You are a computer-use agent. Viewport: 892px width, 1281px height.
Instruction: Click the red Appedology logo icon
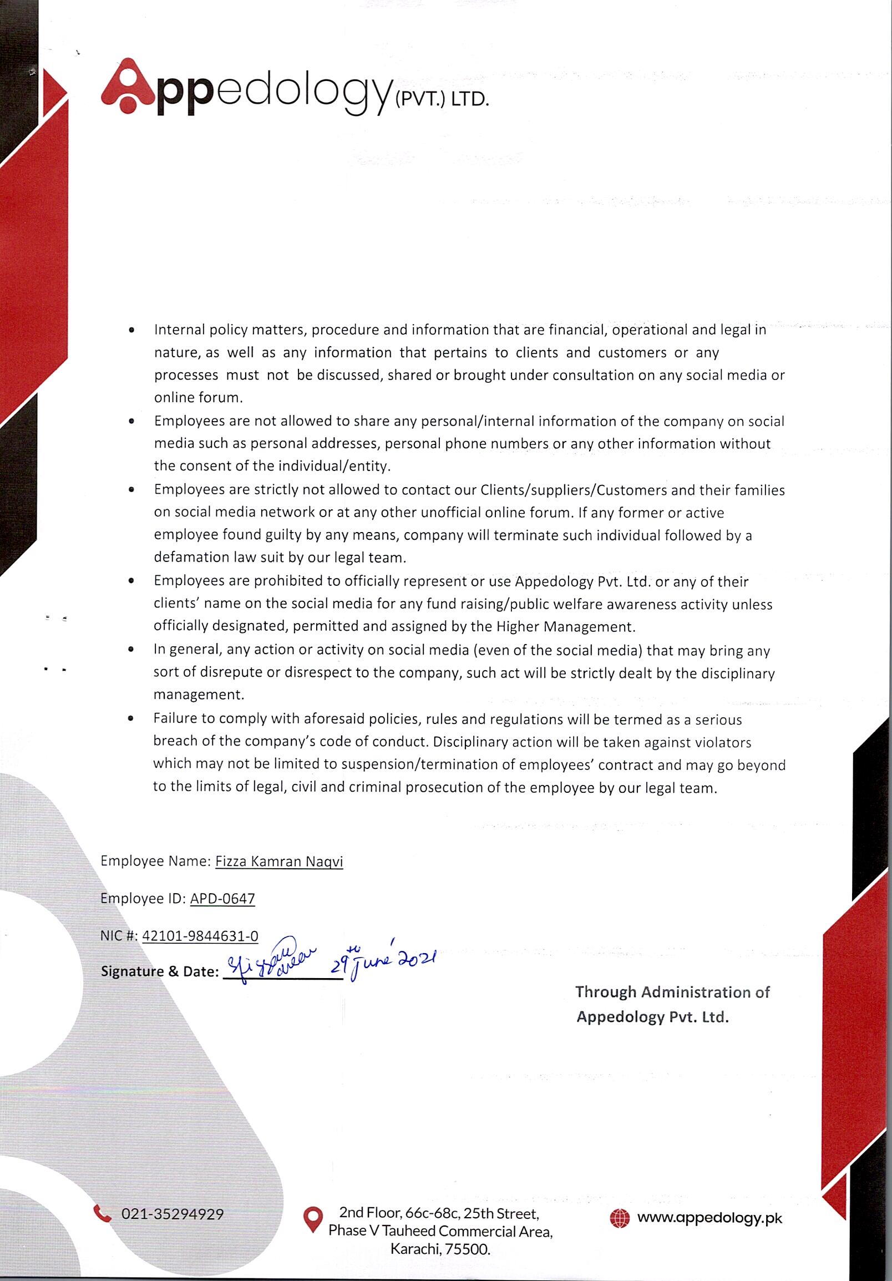(128, 86)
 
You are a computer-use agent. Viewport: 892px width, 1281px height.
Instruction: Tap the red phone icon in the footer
(103, 1213)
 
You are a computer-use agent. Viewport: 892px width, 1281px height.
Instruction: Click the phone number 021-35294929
(173, 1214)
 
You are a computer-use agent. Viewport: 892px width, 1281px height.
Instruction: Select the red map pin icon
(313, 1219)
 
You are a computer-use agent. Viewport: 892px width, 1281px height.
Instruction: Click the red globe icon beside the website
(619, 1218)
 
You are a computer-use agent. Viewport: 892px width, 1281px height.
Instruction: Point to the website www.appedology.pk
(709, 1218)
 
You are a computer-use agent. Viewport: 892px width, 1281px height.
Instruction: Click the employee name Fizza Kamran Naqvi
(279, 862)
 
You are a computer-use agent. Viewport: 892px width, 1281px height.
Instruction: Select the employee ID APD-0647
(222, 899)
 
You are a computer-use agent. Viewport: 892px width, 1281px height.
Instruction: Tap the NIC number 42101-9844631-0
(200, 936)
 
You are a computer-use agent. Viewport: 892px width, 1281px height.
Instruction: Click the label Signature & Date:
(160, 972)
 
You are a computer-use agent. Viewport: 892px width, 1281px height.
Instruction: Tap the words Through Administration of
(672, 993)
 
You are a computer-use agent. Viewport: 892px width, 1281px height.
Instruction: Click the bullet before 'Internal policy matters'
(131, 330)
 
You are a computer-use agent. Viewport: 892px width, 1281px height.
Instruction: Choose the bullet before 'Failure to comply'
(130, 719)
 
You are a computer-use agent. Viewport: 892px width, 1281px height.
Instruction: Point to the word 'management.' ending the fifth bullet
(199, 695)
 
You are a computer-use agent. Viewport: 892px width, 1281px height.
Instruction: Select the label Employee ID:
(143, 899)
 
